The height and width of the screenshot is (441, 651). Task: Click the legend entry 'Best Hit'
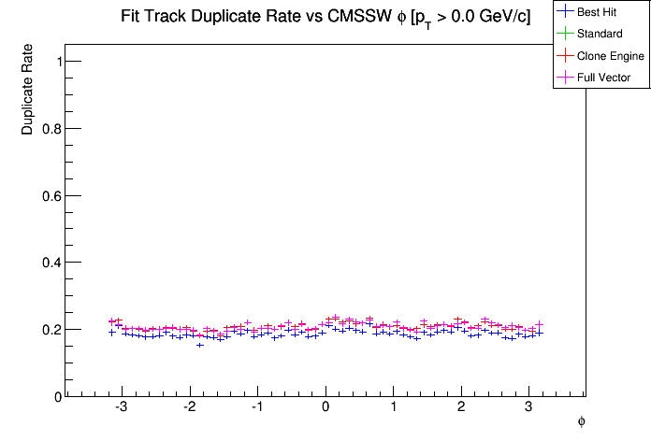[x=602, y=12]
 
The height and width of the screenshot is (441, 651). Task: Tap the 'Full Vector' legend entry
[x=605, y=78]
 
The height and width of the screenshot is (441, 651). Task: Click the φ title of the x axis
[x=581, y=421]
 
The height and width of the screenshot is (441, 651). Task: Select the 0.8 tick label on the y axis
[x=52, y=129]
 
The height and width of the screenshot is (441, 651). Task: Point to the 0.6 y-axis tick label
[x=52, y=195]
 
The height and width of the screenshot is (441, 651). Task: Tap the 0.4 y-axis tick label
[x=52, y=263]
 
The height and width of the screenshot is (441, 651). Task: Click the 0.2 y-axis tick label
[x=52, y=330]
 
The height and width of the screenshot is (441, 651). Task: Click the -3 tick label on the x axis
[x=121, y=408]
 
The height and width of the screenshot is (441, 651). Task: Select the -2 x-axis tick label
[x=188, y=408]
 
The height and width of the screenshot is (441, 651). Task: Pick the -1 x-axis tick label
[x=256, y=408]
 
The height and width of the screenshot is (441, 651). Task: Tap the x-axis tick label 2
[x=461, y=408]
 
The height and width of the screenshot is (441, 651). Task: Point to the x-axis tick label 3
[x=528, y=408]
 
